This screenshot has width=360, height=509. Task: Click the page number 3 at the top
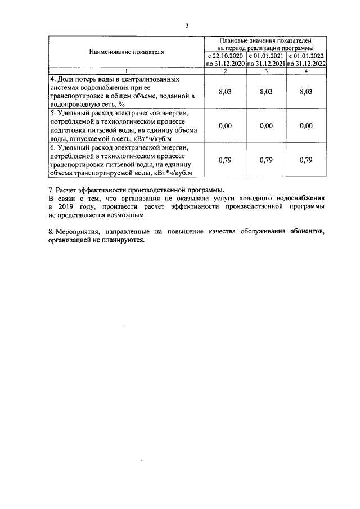187,25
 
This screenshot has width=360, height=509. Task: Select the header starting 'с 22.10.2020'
225,60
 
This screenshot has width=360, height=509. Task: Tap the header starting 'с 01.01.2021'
266,60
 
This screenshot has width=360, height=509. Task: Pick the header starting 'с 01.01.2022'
306,60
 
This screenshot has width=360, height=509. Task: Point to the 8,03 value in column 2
225,92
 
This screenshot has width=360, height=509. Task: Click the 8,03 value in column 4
306,92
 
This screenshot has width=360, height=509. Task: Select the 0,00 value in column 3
266,125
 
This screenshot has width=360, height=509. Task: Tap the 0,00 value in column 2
225,125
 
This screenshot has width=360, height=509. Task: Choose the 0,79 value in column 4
306,160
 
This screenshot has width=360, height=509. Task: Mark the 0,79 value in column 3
266,160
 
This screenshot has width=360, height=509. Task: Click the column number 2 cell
225,71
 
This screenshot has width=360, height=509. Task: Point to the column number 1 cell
126,71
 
